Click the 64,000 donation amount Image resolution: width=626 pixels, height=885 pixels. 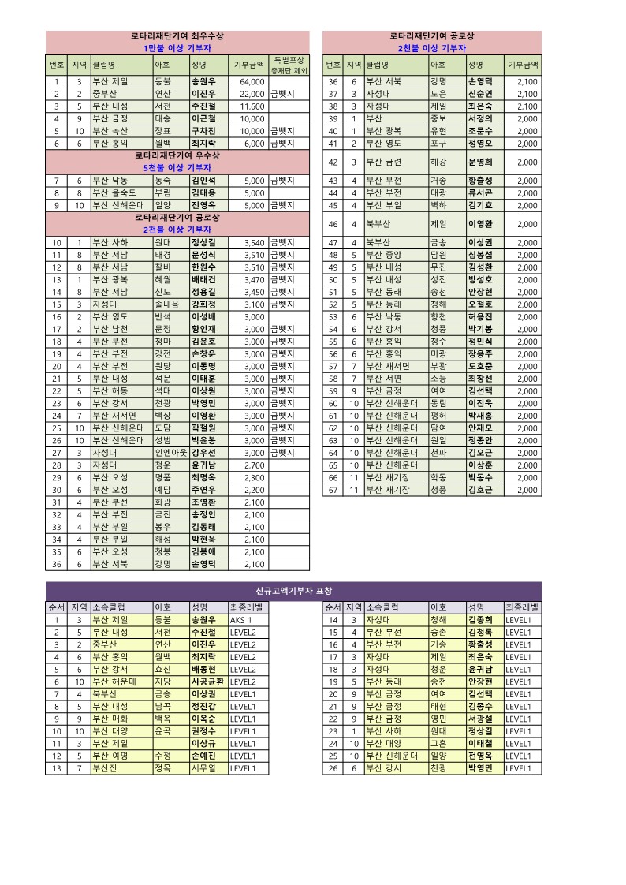coord(252,81)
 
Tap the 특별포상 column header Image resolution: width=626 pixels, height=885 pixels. coord(289,60)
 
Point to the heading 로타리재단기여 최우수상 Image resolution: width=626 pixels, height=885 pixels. coord(177,36)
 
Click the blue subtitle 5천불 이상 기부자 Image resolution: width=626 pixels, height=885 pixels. coord(177,168)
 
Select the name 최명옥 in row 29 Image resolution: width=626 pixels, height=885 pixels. coord(203,477)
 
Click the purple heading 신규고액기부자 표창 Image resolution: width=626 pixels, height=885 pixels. coord(293,590)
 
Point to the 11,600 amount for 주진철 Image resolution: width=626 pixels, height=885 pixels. coord(252,106)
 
